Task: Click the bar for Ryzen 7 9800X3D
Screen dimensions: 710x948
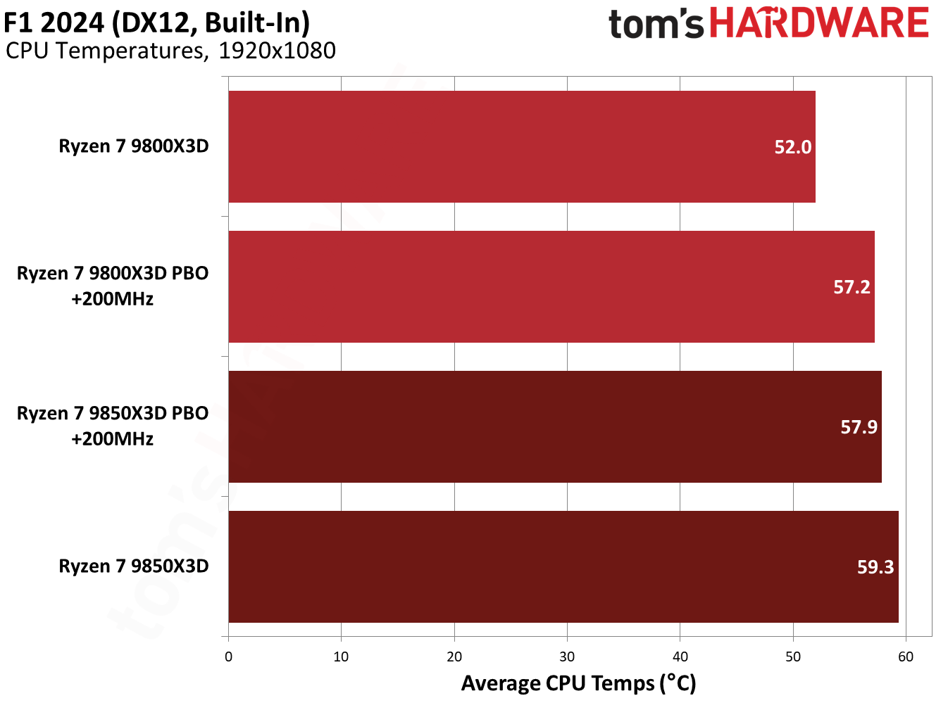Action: click(521, 146)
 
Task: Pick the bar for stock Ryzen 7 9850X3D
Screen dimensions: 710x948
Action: click(563, 566)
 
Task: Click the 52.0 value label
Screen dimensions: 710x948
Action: click(792, 147)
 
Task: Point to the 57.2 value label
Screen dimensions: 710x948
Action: click(852, 287)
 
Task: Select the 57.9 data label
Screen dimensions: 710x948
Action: click(859, 427)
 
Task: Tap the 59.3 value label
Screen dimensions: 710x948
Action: click(875, 567)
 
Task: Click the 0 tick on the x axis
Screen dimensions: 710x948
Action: click(228, 657)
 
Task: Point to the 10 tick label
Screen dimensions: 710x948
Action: click(341, 657)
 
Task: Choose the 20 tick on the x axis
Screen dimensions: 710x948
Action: click(454, 657)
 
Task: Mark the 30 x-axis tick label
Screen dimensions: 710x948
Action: click(567, 657)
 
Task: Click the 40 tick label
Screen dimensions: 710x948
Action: click(680, 657)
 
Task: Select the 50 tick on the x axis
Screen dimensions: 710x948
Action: click(793, 657)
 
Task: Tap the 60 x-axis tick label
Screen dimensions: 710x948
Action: click(906, 657)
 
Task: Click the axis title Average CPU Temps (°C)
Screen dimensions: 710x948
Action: click(578, 683)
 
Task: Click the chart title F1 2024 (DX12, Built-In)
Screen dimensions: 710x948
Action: click(156, 23)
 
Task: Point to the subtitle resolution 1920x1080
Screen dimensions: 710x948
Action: click(277, 51)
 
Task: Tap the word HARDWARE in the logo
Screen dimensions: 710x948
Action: click(819, 23)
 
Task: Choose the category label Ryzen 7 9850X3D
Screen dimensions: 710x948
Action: click(134, 566)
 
